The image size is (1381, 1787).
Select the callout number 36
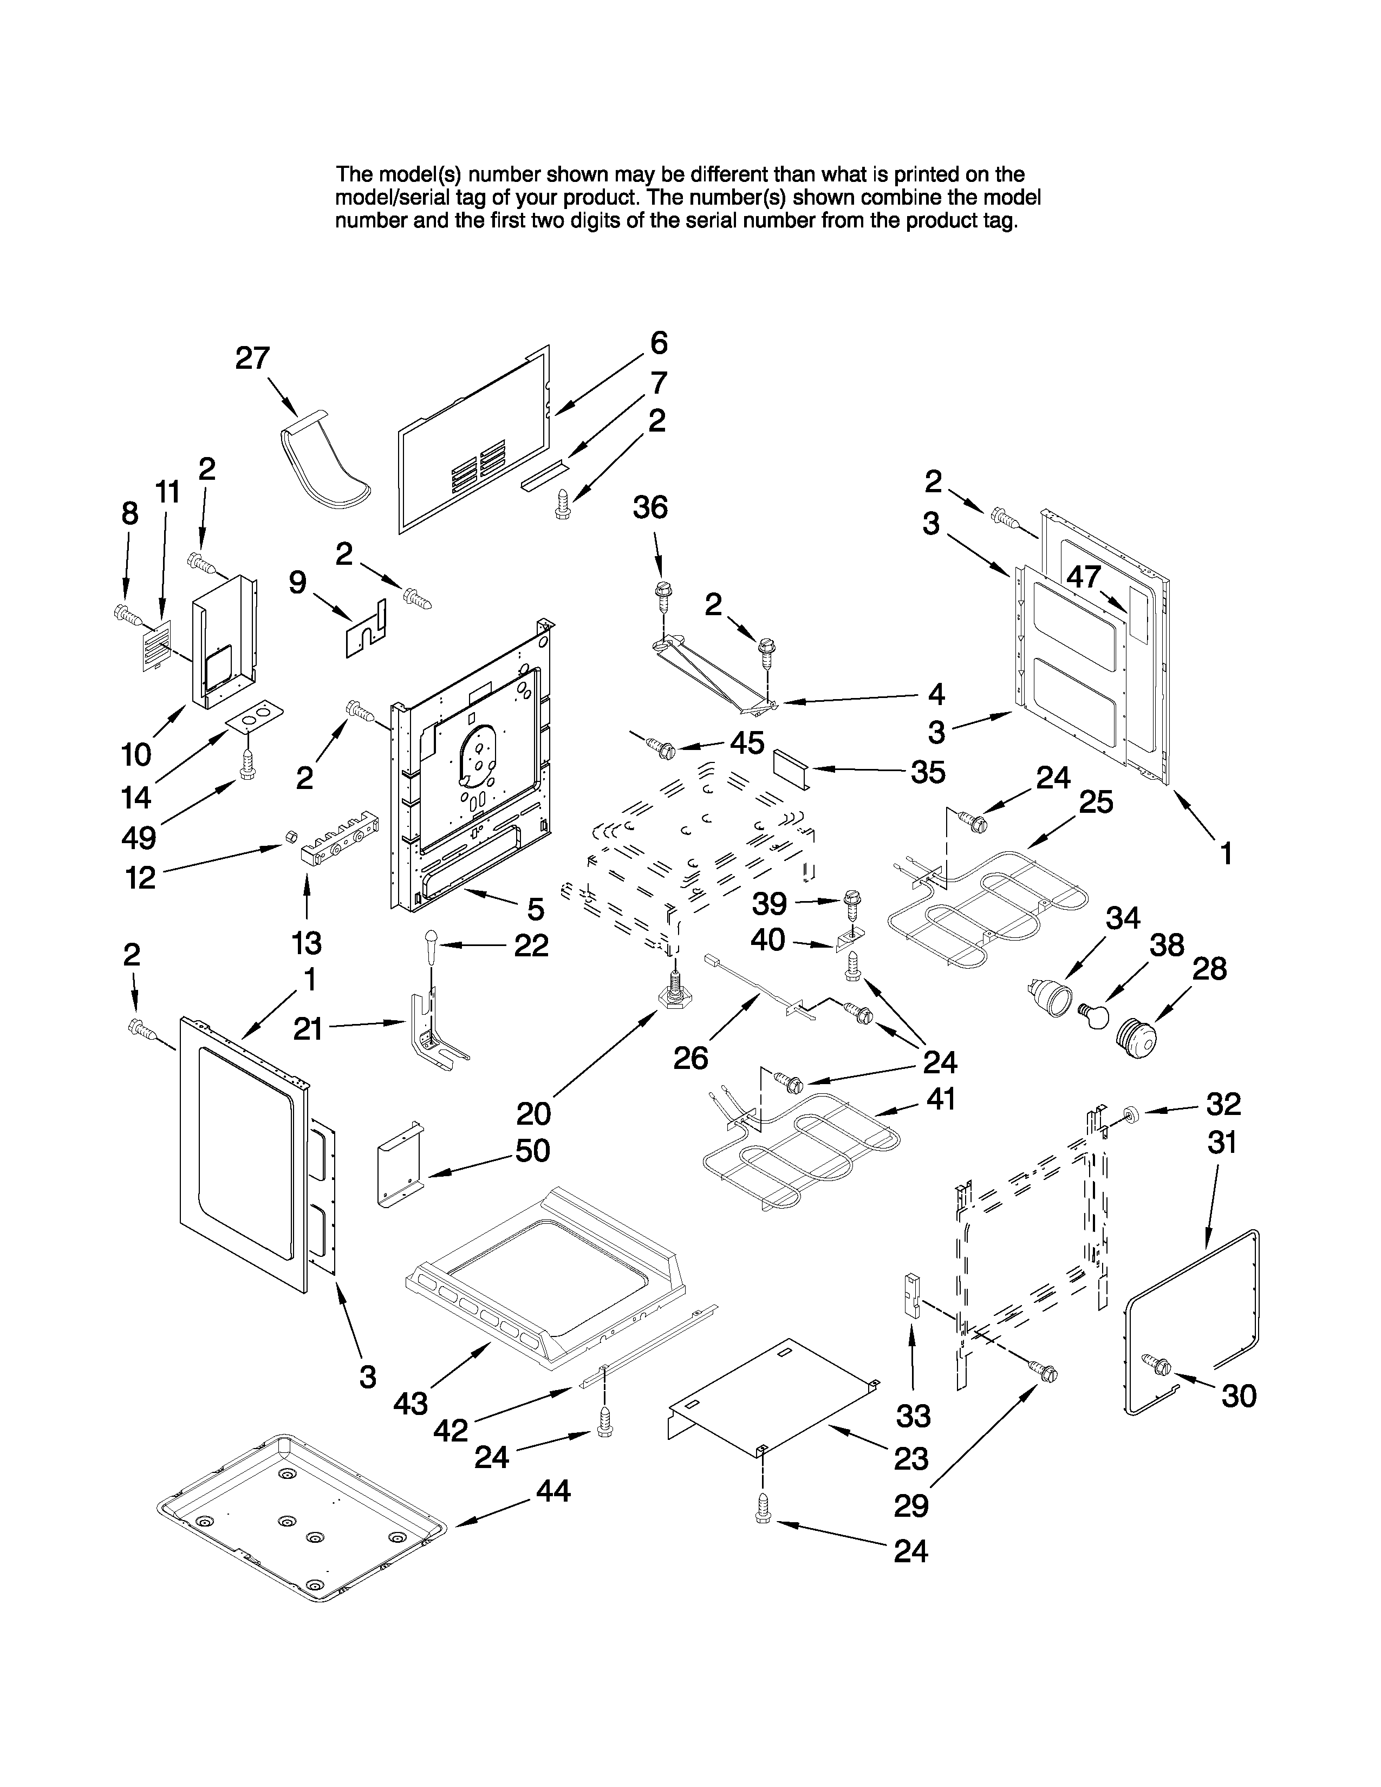click(651, 507)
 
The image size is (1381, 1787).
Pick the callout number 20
click(533, 1113)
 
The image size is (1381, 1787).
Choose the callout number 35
click(929, 772)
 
